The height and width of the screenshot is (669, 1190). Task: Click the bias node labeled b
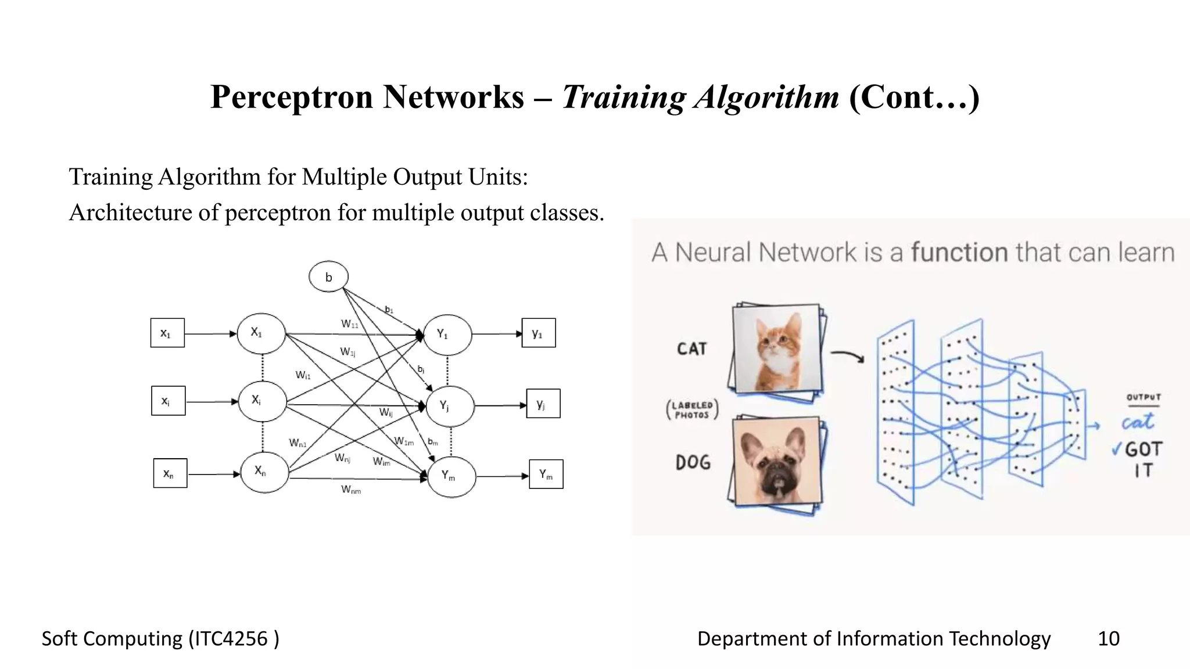point(328,276)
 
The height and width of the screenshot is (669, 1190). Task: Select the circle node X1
point(261,333)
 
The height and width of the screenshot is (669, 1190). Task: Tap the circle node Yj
point(450,405)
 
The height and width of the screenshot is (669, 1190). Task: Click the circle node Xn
point(264,472)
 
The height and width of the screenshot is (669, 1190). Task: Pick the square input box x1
point(167,333)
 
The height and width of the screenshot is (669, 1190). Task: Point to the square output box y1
point(539,333)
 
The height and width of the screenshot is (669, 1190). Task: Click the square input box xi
point(168,401)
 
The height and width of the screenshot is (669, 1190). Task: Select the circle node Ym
point(451,476)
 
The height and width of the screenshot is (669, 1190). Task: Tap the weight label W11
point(350,324)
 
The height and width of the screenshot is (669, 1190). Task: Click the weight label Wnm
point(351,490)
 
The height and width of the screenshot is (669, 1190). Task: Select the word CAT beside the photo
point(691,348)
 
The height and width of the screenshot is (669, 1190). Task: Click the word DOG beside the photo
point(693,462)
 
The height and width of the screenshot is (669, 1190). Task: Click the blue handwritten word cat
point(1137,422)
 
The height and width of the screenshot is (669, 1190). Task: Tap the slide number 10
point(1108,638)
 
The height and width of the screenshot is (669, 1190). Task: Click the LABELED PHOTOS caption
point(692,410)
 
